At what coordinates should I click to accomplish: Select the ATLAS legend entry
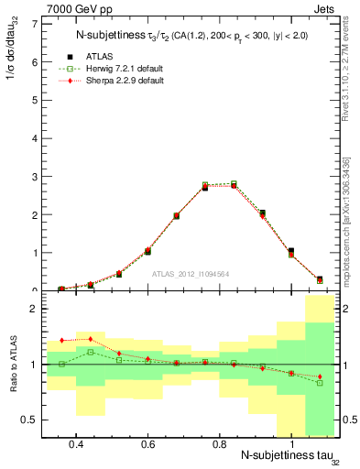click(x=101, y=56)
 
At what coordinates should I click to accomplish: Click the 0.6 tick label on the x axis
click(x=147, y=443)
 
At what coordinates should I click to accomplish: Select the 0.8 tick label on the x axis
click(x=219, y=443)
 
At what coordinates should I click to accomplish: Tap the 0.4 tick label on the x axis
click(x=76, y=443)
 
